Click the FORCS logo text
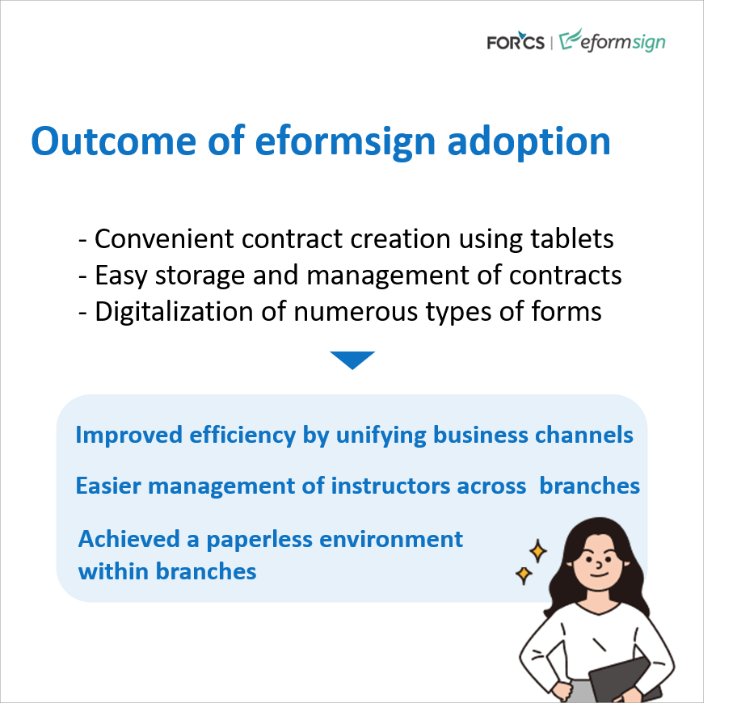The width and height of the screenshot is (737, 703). (516, 41)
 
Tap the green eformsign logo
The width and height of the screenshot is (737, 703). (613, 40)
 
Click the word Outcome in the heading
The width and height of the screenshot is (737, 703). (113, 141)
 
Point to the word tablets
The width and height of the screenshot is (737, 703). (572, 238)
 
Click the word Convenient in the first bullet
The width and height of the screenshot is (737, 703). (164, 238)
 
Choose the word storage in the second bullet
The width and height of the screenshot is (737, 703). (200, 276)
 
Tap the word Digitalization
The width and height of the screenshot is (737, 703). (174, 312)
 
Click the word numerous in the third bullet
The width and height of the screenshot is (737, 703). (356, 313)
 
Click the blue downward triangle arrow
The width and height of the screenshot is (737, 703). (352, 360)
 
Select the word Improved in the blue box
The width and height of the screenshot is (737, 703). (128, 436)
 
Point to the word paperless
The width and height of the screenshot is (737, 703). (259, 540)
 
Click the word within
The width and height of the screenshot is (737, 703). (113, 572)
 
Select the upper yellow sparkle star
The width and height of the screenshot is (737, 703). (537, 551)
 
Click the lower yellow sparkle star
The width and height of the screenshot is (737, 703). (524, 575)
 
